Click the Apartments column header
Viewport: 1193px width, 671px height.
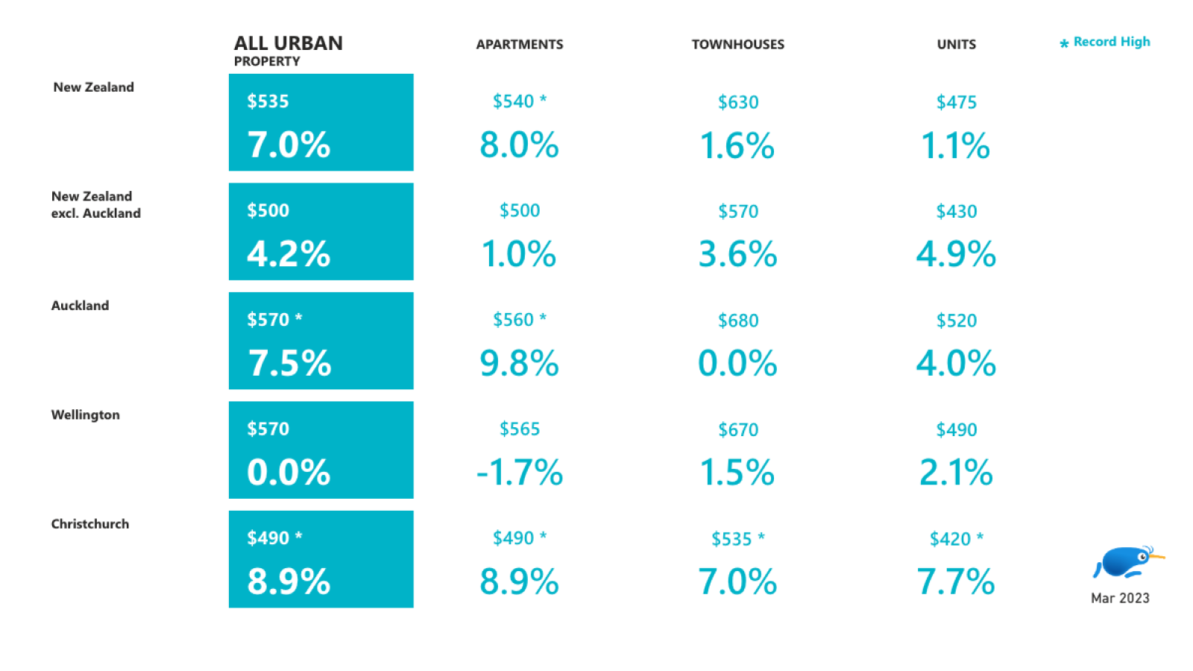coord(520,45)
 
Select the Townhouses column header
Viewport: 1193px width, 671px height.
coord(737,45)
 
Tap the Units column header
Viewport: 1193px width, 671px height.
coord(956,45)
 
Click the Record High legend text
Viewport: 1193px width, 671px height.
coord(1111,42)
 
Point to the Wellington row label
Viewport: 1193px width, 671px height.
coord(85,415)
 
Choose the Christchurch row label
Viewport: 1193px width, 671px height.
coord(89,524)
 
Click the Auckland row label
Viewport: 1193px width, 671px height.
coord(80,306)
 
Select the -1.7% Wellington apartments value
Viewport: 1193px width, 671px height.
coord(520,473)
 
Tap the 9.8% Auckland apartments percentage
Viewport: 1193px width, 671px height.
coord(519,364)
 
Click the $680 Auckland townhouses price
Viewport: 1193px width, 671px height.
coord(737,321)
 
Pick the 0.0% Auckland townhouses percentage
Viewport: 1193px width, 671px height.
coord(737,364)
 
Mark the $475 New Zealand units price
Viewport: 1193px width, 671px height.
coord(956,102)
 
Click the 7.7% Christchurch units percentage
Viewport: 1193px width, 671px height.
coord(956,582)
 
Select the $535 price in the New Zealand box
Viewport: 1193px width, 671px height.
coord(268,101)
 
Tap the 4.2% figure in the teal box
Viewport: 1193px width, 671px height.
coord(289,254)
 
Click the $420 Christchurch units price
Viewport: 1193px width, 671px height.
coord(950,539)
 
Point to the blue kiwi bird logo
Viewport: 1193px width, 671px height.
coord(1127,562)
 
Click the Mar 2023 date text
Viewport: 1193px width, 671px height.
coord(1120,598)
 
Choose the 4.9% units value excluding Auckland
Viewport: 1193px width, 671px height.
coord(956,254)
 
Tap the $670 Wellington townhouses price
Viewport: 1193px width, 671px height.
coord(737,430)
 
